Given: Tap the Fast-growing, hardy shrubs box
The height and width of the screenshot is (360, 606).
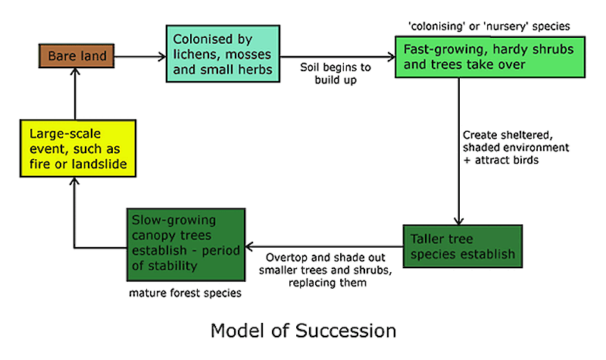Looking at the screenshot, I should point(477,57).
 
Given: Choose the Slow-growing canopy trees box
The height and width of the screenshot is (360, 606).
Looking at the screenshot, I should point(183,244).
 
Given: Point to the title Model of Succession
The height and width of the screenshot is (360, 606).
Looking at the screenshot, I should point(303,331).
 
